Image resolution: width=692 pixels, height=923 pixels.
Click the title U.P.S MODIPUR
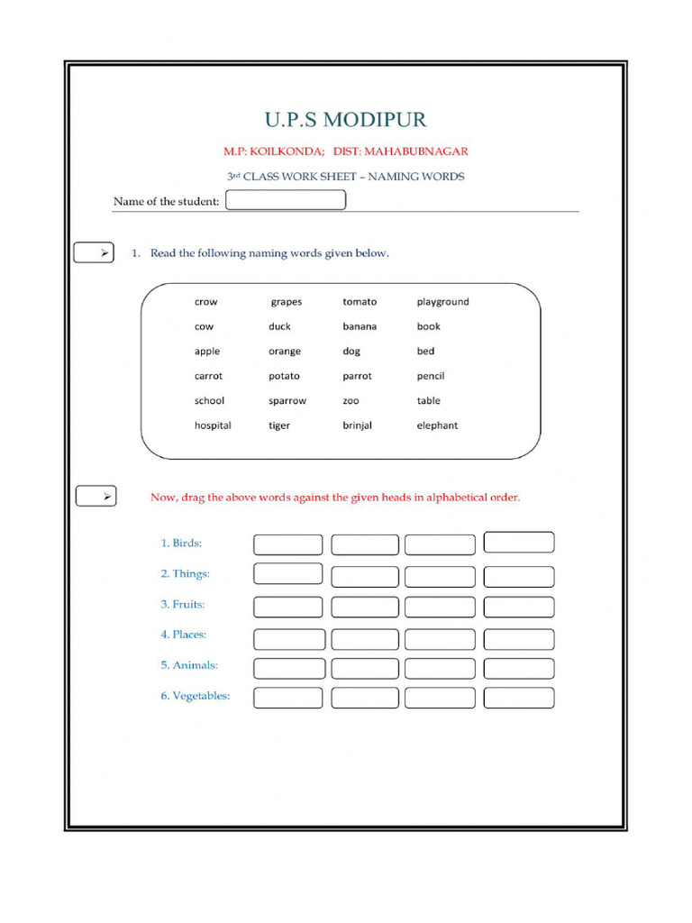coord(345,120)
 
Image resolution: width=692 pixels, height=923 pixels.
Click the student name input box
coord(285,200)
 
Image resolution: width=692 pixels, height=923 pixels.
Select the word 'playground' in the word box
coord(442,302)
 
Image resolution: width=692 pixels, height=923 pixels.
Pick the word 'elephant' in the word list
coord(437,425)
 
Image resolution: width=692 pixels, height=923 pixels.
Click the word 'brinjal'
coord(357,425)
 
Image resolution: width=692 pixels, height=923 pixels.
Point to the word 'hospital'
coord(213,425)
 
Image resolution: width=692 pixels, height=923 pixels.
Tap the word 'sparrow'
coord(287,401)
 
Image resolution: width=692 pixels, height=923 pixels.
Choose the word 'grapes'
coord(287,302)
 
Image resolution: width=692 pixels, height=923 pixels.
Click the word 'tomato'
coord(360,302)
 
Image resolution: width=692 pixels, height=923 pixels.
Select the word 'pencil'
coord(431,376)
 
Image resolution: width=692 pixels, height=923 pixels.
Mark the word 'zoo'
coord(351,401)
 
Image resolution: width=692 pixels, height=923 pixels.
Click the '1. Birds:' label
coord(181,543)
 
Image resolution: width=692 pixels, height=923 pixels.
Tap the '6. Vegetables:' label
coord(195,696)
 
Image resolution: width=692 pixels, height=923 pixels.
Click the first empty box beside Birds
coord(287,544)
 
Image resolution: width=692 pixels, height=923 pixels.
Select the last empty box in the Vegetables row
coord(519,698)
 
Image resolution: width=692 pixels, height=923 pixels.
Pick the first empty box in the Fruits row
coord(287,607)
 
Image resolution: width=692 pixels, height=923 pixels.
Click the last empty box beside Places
coord(519,639)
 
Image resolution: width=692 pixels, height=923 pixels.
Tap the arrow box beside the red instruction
coord(95,497)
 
